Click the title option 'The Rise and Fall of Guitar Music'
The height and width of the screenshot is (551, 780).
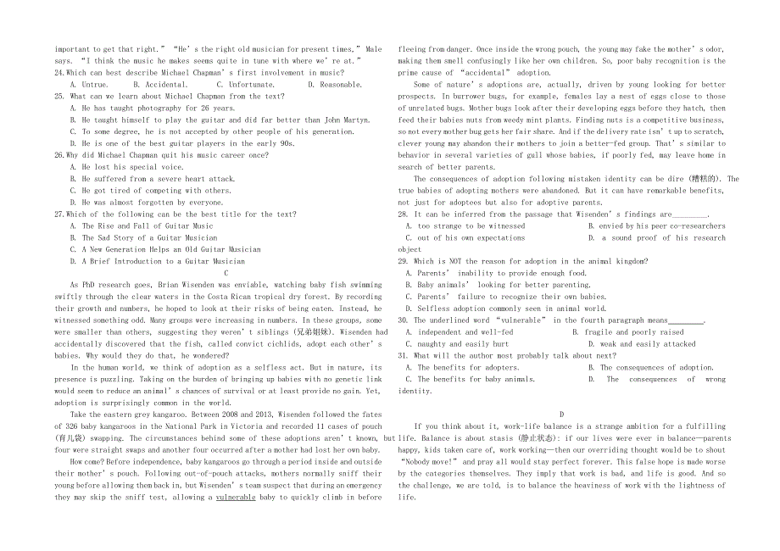tap(148, 226)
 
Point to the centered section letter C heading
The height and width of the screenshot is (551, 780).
tap(226, 274)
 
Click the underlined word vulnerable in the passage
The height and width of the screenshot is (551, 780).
tap(236, 498)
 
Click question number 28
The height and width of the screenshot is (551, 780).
tap(404, 214)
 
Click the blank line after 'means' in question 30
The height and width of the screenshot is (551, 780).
tap(687, 321)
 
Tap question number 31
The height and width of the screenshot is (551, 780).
tap(404, 356)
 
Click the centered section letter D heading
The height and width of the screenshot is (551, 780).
tap(561, 415)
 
